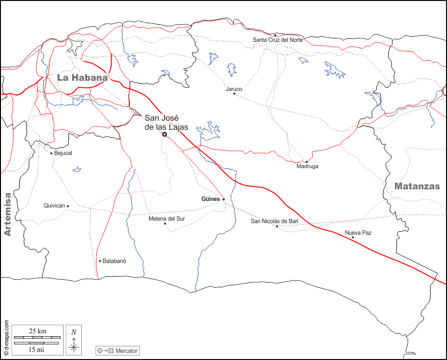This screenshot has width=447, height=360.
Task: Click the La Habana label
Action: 82,78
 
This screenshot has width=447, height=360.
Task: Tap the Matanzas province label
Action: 417,186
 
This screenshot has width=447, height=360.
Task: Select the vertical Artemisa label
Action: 7,215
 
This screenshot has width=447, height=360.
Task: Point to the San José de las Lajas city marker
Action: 165,135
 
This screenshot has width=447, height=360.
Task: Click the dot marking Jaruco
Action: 234,93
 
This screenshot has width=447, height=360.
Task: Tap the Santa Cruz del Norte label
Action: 278,40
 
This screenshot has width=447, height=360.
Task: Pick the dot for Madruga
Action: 307,162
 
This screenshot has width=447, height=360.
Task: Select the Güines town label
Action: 210,199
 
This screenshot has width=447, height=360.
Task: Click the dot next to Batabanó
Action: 100,261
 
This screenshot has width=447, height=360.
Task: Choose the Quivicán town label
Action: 55,205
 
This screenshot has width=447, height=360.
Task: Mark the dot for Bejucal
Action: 52,153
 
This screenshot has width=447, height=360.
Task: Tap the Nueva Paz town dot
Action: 353,237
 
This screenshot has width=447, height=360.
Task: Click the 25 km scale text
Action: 38,331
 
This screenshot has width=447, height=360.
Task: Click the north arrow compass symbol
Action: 74,339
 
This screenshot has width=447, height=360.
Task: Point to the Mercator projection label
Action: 126,350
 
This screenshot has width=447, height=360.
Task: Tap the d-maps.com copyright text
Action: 6,338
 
